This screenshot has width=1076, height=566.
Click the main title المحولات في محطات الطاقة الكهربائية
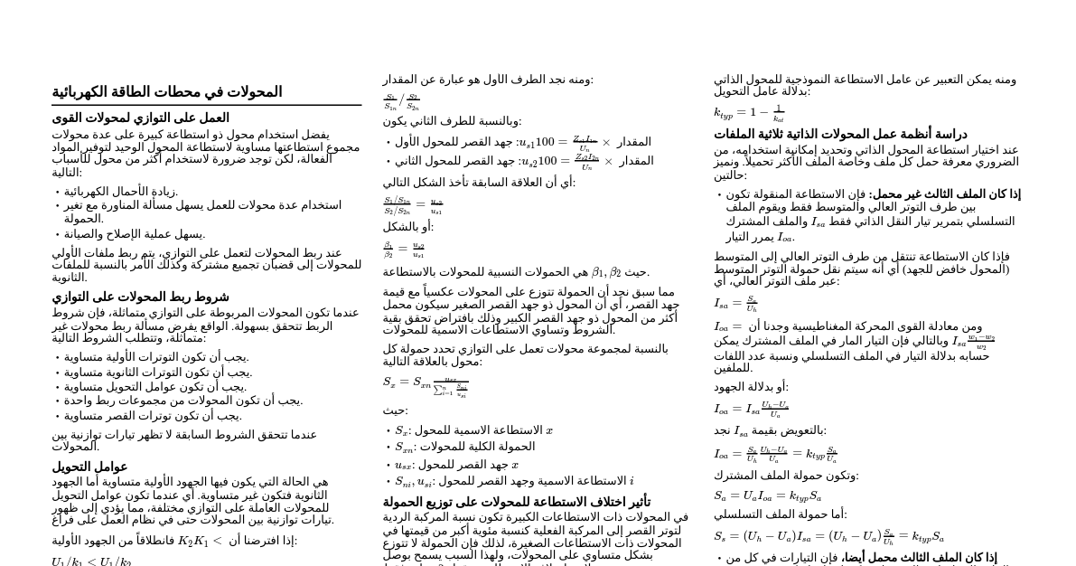(x=166, y=92)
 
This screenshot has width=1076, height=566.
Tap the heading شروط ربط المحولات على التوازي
(x=140, y=297)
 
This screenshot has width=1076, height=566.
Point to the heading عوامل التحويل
(x=89, y=467)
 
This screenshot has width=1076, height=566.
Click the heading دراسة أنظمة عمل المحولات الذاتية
(x=840, y=135)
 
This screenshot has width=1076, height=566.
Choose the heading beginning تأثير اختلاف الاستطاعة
(x=516, y=503)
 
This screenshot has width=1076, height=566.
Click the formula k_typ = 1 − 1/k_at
(x=749, y=112)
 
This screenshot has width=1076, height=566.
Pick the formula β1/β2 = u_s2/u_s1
(x=404, y=249)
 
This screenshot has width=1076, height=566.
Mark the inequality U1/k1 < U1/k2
(x=91, y=561)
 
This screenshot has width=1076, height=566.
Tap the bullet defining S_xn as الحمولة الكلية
(x=465, y=447)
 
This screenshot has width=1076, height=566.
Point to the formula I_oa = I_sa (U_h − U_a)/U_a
(x=751, y=409)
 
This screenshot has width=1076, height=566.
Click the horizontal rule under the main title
(x=206, y=105)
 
